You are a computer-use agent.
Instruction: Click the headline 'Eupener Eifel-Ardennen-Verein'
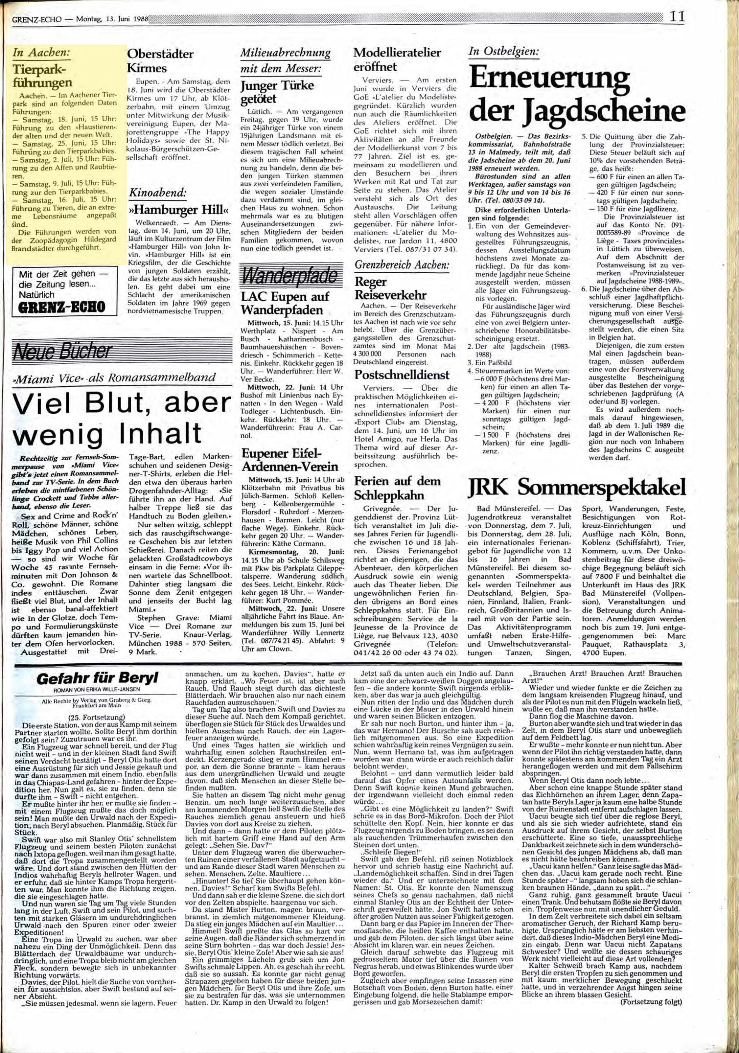pos(290,460)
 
